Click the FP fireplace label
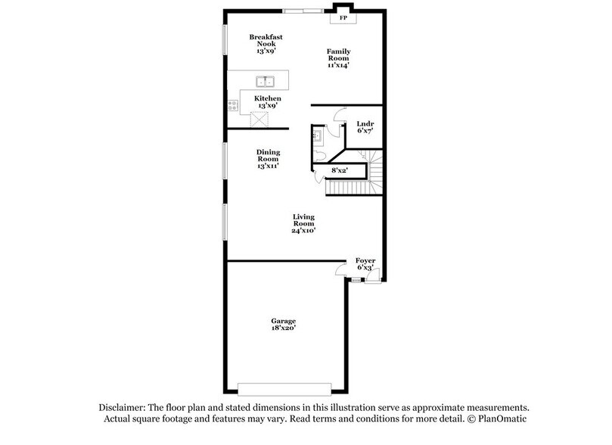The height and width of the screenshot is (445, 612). [x=343, y=17]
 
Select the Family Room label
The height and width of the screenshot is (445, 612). [x=338, y=58]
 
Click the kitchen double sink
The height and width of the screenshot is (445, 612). [x=265, y=81]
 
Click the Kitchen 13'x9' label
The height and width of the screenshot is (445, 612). [x=268, y=102]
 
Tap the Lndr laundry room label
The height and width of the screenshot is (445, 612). [x=365, y=127]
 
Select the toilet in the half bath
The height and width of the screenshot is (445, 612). [x=320, y=154]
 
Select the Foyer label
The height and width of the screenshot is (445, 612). [x=365, y=264]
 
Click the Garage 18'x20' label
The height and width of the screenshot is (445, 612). [x=284, y=325]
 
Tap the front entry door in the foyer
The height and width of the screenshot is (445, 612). [x=371, y=281]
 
